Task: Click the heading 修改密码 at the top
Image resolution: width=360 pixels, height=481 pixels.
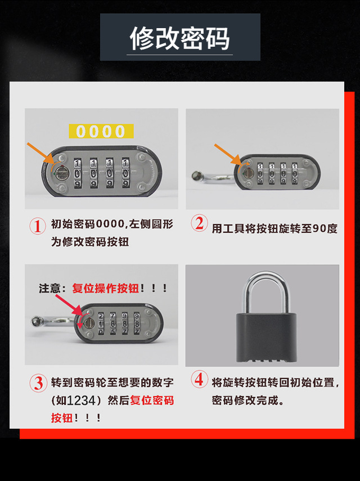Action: tap(179, 38)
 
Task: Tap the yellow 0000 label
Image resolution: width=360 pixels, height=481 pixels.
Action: tap(101, 131)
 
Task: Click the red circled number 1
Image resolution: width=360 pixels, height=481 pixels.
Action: tap(37, 226)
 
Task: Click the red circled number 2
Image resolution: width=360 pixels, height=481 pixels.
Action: tap(199, 223)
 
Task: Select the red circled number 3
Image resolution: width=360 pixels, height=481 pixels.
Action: tap(38, 383)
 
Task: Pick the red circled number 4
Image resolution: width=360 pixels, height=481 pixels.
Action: tap(199, 380)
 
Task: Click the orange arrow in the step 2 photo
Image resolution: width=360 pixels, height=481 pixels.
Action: tap(226, 154)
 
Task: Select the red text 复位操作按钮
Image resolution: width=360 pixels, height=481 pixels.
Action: tap(105, 289)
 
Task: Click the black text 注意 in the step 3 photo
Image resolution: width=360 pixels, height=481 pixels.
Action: tap(49, 289)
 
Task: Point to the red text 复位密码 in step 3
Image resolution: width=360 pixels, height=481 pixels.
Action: tap(152, 401)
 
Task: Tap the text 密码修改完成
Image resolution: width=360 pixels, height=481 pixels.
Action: tap(248, 401)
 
